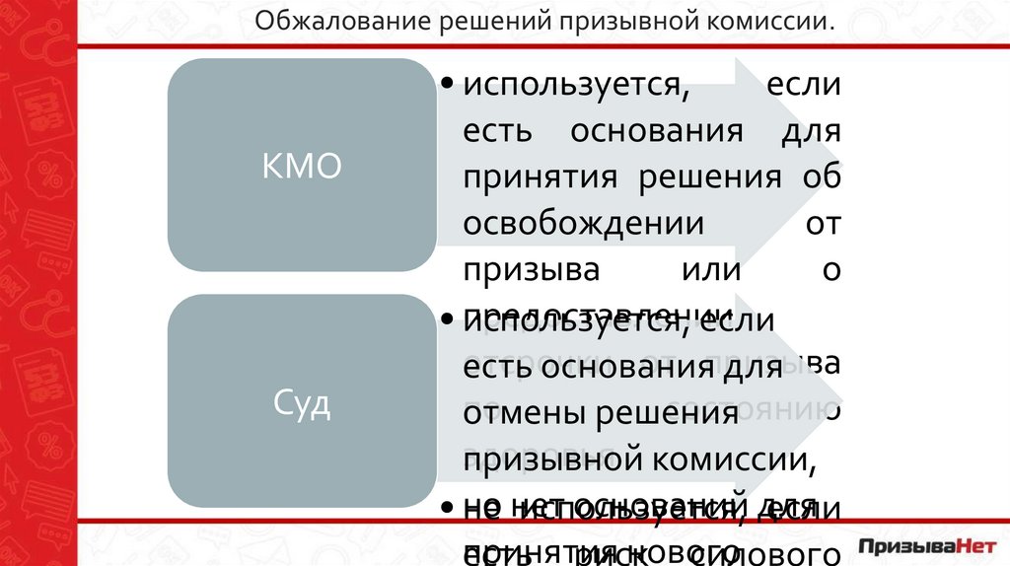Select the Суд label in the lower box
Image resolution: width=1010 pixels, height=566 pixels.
[301, 405]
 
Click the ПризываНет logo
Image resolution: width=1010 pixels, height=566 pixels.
[928, 545]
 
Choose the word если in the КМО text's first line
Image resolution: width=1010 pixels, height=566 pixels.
[804, 85]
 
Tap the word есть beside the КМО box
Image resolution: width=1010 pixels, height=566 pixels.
[494, 132]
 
